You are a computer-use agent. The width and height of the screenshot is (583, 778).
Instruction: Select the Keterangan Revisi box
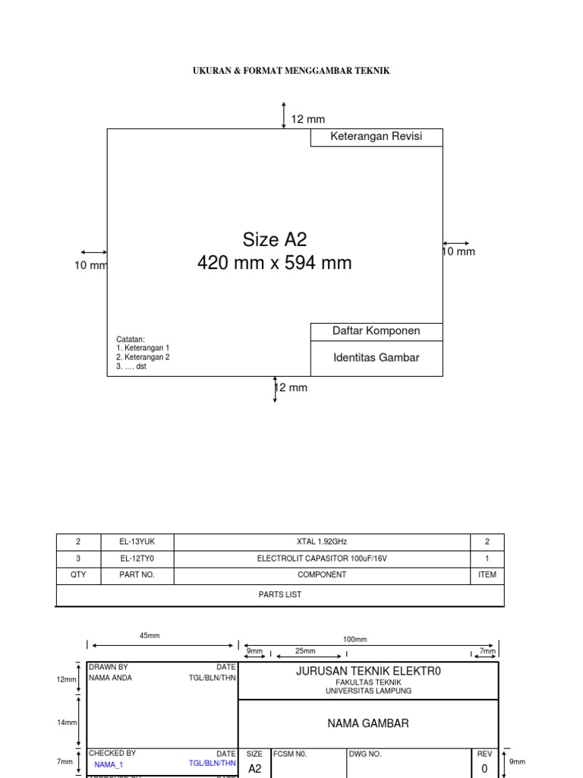click(376, 137)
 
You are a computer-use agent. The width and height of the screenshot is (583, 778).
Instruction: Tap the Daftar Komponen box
click(376, 331)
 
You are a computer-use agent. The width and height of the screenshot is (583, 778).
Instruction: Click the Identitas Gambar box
click(376, 357)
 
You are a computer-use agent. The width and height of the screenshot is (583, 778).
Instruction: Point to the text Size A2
click(275, 240)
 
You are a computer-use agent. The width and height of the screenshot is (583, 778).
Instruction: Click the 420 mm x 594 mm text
click(275, 264)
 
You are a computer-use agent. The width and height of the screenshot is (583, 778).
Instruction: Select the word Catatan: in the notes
click(130, 340)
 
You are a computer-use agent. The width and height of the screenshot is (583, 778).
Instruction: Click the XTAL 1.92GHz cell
click(322, 542)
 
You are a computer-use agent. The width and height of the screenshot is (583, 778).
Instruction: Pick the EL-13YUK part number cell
click(137, 542)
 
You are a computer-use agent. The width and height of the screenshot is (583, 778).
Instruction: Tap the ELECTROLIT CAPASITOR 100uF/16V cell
click(322, 558)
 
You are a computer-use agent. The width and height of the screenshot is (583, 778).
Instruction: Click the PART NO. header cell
click(137, 575)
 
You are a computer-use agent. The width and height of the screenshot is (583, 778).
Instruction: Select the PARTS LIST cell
click(279, 595)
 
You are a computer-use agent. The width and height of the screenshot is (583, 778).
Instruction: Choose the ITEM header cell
click(487, 575)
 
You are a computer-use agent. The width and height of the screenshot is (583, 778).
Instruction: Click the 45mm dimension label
click(150, 636)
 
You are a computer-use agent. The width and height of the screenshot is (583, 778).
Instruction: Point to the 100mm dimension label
click(355, 640)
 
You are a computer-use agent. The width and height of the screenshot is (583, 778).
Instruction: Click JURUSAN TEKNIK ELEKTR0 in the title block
click(368, 672)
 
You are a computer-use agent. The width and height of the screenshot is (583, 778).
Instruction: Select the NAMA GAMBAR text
click(368, 723)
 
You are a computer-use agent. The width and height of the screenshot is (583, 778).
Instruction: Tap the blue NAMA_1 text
click(109, 765)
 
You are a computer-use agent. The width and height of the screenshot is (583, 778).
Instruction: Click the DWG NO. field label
click(365, 754)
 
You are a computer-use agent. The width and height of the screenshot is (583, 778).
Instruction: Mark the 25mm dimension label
click(305, 651)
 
